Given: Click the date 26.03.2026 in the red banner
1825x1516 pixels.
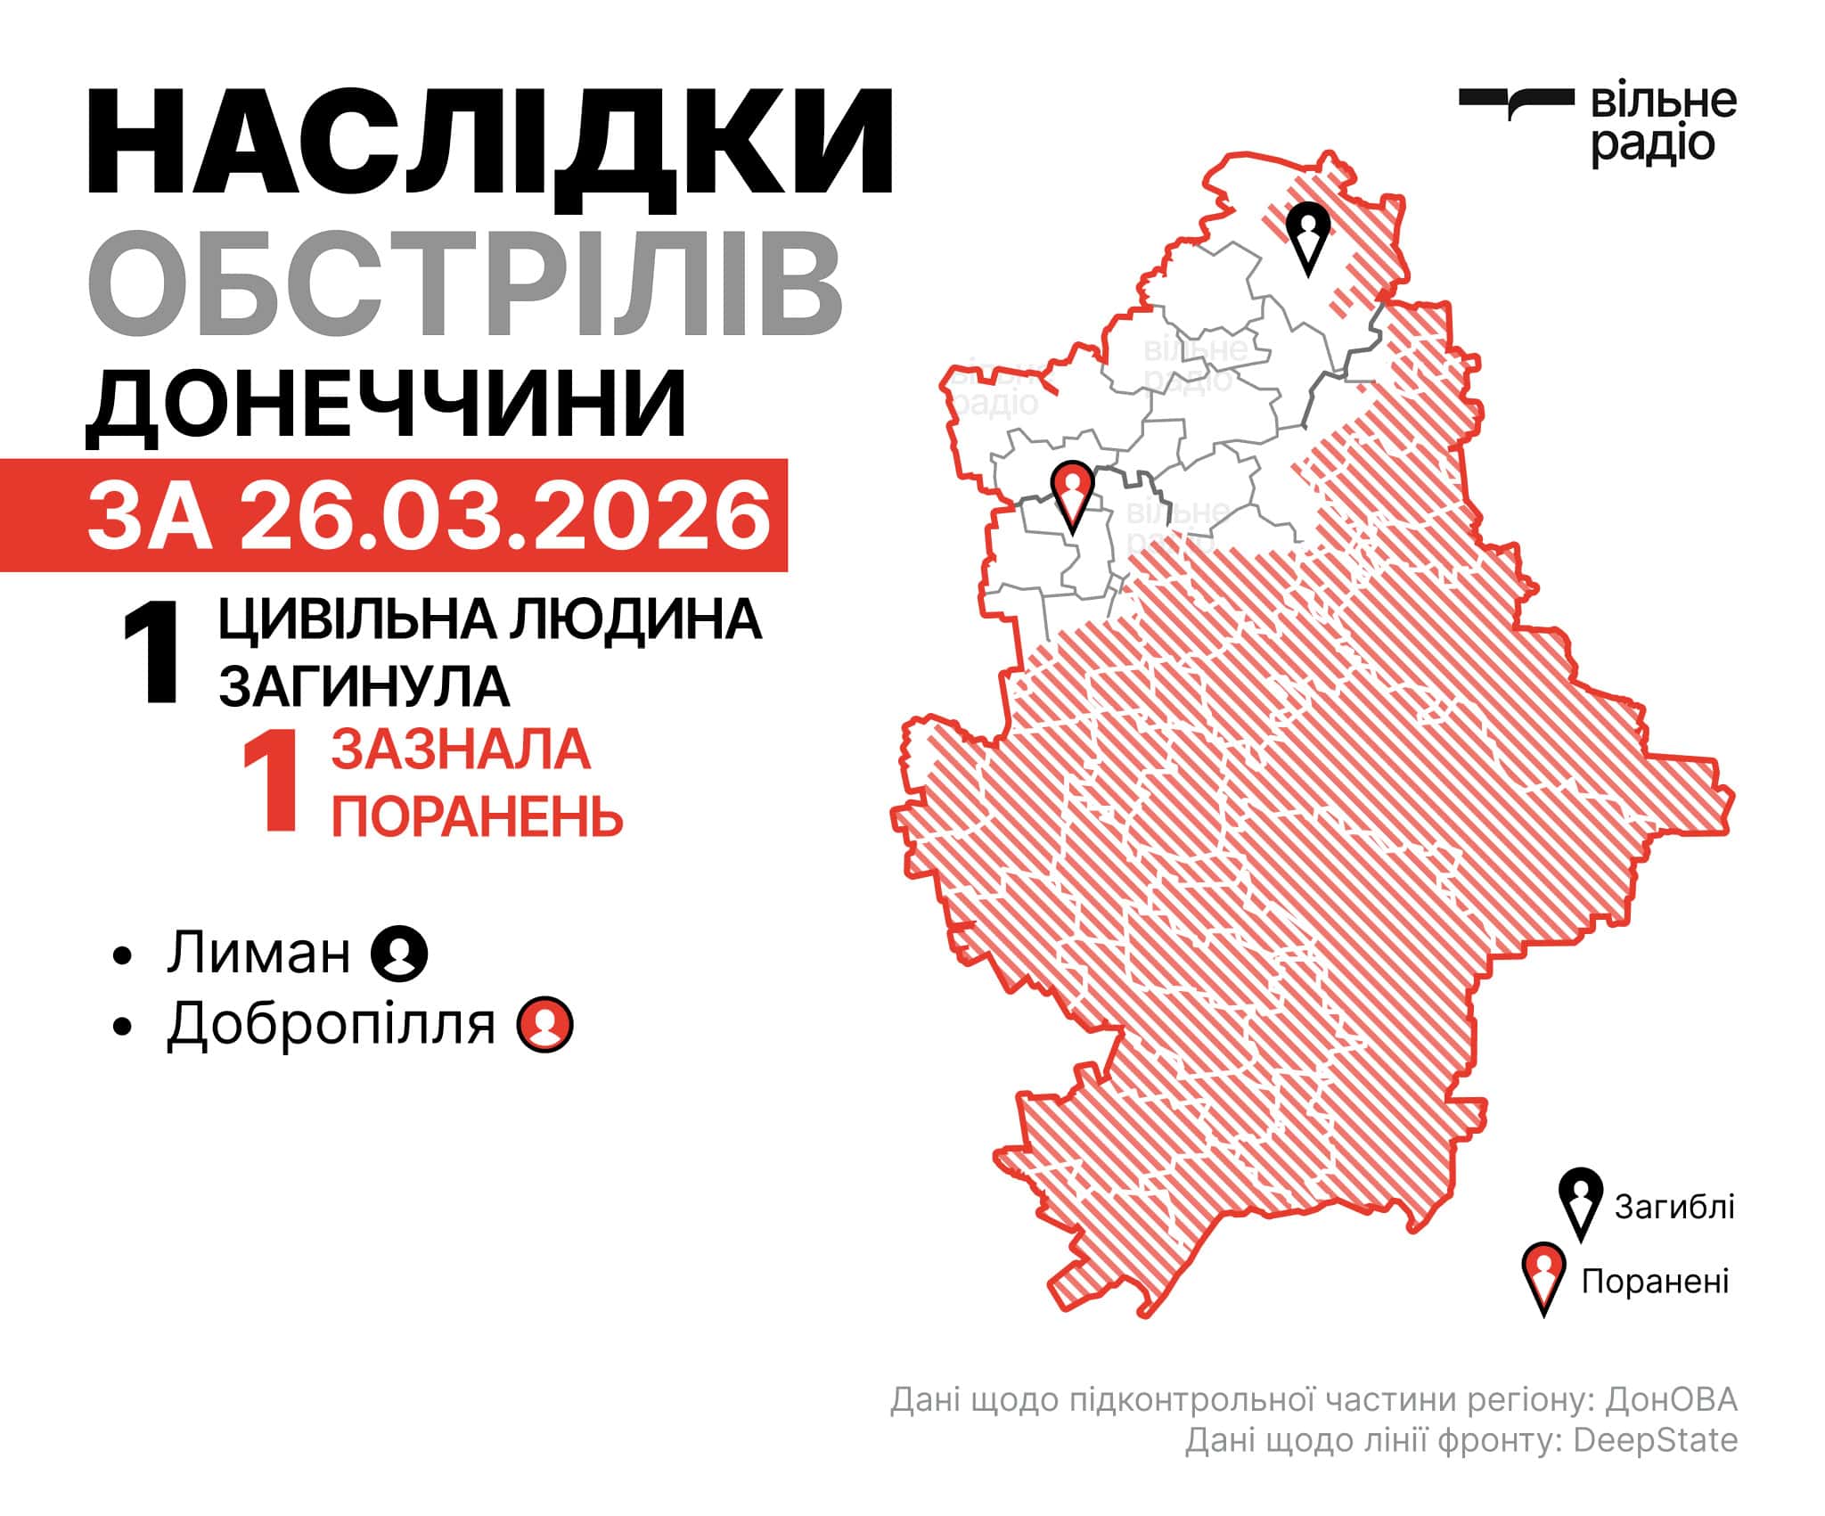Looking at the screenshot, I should [504, 515].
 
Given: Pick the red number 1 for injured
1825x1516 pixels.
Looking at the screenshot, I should [270, 783].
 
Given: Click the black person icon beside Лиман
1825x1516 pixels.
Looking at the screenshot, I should [399, 954].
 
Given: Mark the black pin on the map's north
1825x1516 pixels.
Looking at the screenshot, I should [1307, 235].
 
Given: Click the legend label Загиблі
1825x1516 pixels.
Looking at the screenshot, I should [1674, 1207].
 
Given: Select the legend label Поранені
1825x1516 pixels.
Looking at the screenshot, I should [1655, 1281].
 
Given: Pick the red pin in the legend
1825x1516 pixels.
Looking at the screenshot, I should [1543, 1277].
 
